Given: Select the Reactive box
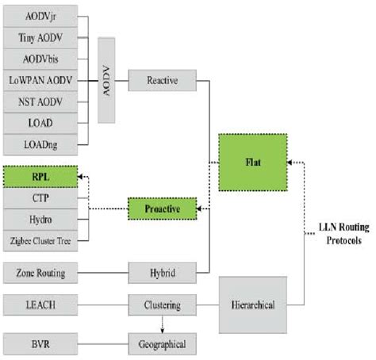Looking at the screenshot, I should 162,80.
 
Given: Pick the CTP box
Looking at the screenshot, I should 41,197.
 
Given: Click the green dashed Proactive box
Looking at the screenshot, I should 162,209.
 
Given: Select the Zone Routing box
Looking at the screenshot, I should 41,274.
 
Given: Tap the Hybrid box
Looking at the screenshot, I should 162,274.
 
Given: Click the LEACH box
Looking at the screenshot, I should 41,303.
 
